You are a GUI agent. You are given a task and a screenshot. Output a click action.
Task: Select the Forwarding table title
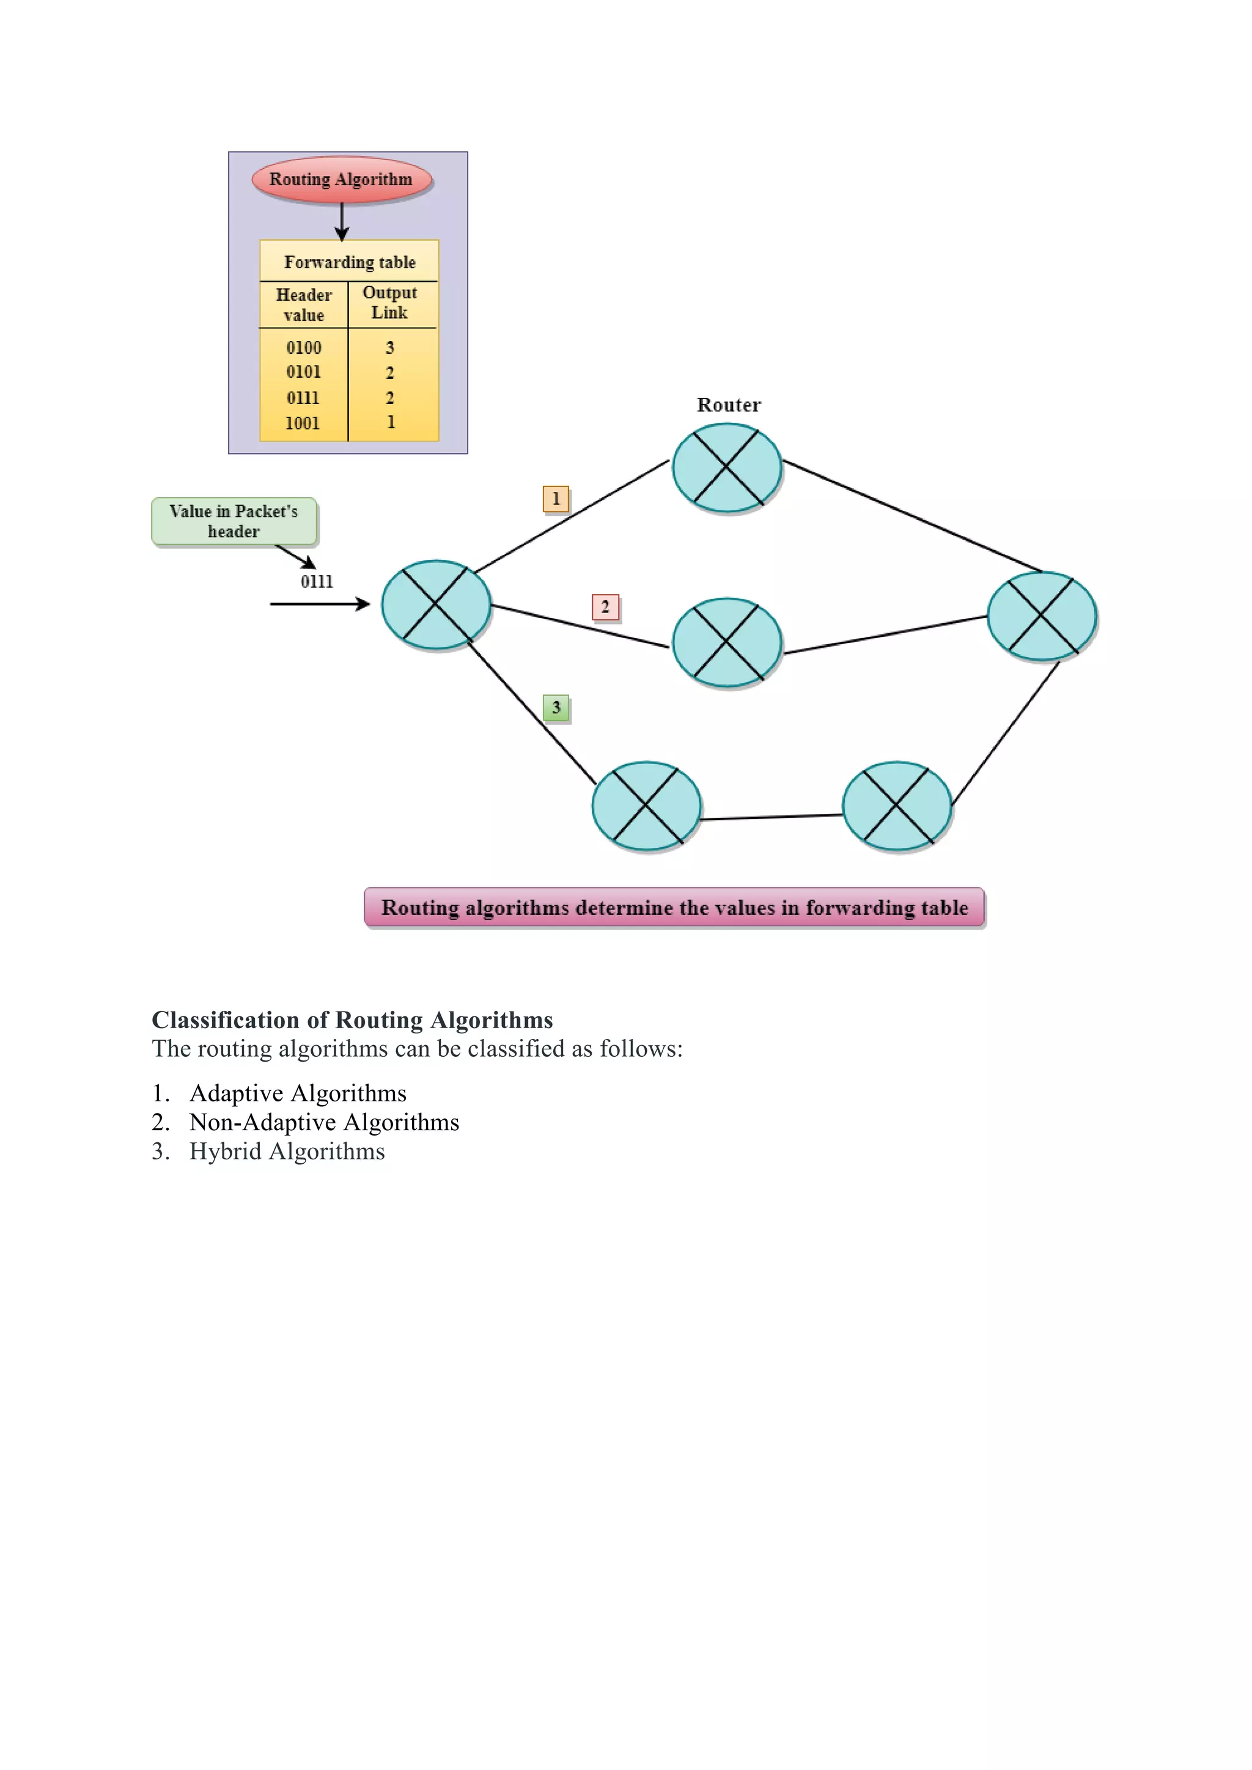349,262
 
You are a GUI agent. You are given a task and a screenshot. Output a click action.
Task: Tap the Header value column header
304,305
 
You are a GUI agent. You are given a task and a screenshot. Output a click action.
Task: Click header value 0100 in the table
304,348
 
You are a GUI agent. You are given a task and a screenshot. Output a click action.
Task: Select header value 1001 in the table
302,423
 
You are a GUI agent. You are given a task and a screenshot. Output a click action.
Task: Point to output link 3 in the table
390,348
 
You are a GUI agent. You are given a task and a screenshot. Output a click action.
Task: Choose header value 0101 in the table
304,372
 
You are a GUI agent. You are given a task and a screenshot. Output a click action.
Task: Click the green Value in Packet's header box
234,521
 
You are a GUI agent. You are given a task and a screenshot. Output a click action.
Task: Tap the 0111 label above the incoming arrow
317,582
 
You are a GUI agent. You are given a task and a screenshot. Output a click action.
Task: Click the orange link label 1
556,499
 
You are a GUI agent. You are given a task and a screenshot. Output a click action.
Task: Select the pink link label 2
605,607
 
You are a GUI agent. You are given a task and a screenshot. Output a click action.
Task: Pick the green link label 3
556,708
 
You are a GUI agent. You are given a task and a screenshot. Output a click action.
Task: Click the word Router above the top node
729,405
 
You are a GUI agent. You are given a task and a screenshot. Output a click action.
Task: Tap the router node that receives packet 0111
436,605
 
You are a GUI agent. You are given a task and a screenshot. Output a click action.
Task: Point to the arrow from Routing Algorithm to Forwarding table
342,222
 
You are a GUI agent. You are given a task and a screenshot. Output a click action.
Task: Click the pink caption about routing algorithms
674,908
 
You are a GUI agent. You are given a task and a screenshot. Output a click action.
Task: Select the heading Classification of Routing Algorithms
352,1020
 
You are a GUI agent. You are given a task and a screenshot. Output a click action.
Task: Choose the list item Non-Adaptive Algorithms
324,1122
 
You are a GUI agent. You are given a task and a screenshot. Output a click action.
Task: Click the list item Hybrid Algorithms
287,1151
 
